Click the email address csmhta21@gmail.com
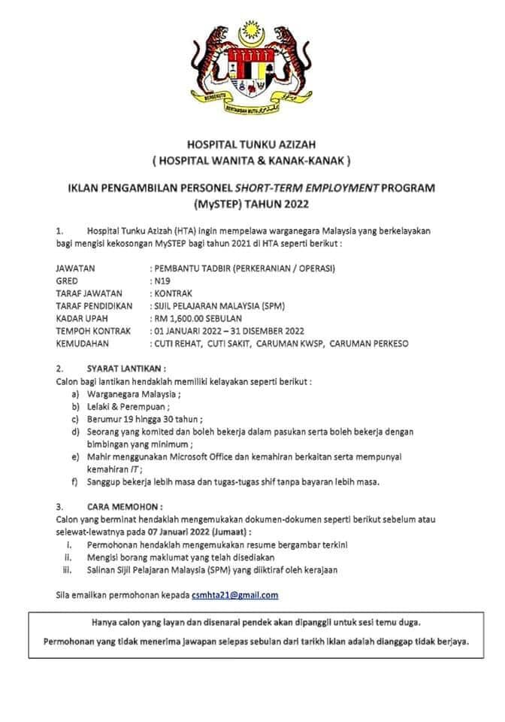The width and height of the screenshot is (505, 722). click(x=234, y=595)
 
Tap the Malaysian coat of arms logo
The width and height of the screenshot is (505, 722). click(x=252, y=69)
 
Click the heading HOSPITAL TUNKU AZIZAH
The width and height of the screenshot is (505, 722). click(x=252, y=145)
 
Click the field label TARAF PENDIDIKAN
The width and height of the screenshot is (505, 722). click(x=94, y=305)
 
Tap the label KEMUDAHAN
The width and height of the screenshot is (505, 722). click(x=83, y=343)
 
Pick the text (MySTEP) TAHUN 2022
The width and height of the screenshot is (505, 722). click(x=252, y=203)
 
